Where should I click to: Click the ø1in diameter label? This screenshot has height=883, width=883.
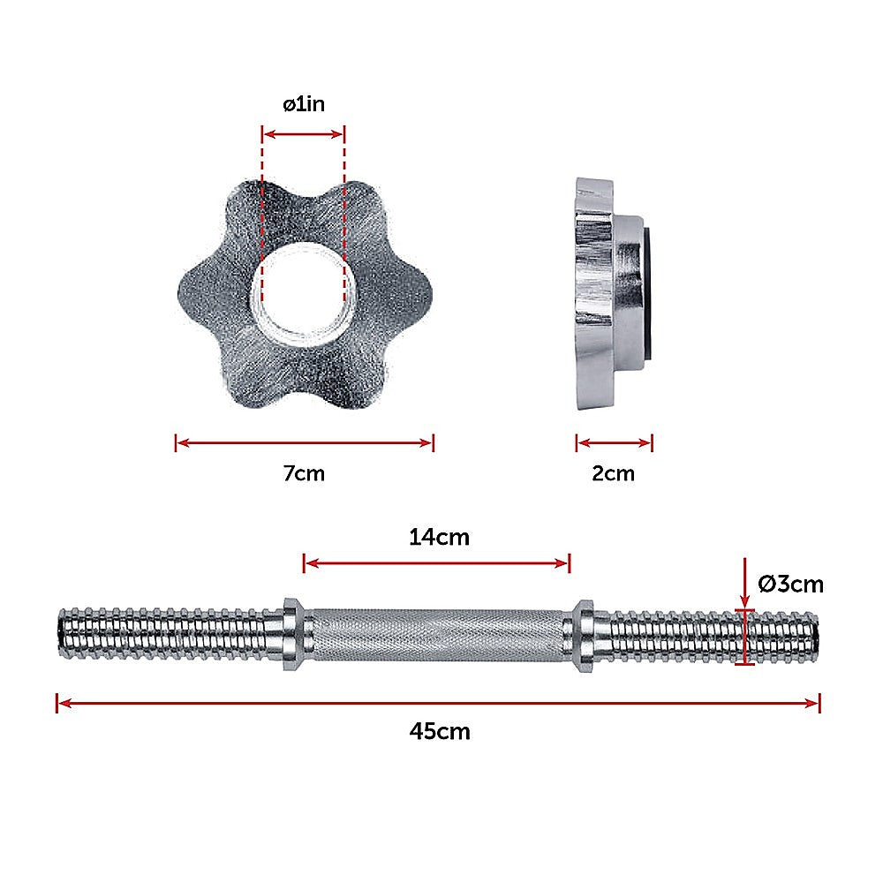pos(304,104)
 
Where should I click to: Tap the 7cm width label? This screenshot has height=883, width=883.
pos(304,473)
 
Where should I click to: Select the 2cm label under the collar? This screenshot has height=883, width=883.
pos(613,473)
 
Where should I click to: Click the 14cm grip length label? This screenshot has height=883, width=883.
pos(439,536)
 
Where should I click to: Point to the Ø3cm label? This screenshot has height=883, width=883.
pos(790,584)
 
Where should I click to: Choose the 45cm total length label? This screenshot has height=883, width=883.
pos(439,731)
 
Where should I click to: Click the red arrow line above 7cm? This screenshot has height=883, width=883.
pos(304,443)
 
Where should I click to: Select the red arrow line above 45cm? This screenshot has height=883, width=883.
pos(439,703)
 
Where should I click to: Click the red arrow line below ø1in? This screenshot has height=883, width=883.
pos(304,134)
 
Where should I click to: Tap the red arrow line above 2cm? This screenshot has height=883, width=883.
pos(614,443)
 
